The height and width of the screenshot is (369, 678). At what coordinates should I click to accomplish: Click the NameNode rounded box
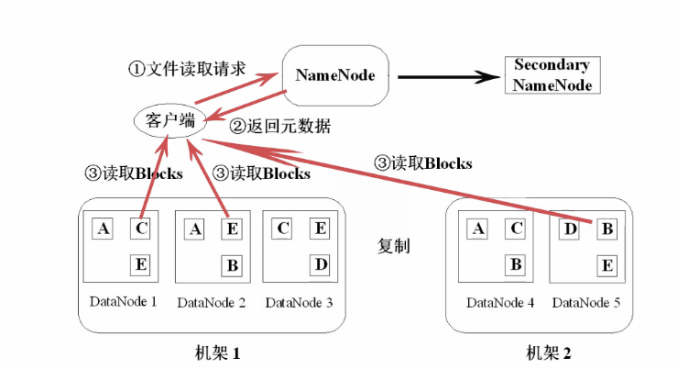pyautogui.click(x=335, y=75)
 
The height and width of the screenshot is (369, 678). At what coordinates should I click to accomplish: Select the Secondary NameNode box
pyautogui.click(x=552, y=75)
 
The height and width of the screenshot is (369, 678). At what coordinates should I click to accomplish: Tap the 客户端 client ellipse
pyautogui.click(x=170, y=120)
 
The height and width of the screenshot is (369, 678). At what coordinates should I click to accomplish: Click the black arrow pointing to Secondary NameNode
pyautogui.click(x=448, y=77)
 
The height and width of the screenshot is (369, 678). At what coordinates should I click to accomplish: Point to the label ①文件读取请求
pyautogui.click(x=187, y=69)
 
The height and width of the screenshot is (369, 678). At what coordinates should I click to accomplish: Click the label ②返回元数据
pyautogui.click(x=280, y=127)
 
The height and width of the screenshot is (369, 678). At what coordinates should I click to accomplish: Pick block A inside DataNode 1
pyautogui.click(x=103, y=229)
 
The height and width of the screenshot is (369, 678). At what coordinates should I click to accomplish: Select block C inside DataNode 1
pyautogui.click(x=140, y=229)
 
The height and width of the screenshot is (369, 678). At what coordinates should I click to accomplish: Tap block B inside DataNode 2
pyautogui.click(x=232, y=265)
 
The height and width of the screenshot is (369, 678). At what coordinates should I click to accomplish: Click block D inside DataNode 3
pyautogui.click(x=321, y=264)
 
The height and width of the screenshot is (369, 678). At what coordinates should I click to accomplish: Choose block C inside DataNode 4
pyautogui.click(x=516, y=229)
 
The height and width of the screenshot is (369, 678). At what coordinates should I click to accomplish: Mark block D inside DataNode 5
pyautogui.click(x=570, y=229)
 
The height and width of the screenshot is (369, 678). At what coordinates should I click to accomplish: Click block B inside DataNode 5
pyautogui.click(x=607, y=229)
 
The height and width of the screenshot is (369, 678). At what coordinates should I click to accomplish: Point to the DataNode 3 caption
pyautogui.click(x=300, y=303)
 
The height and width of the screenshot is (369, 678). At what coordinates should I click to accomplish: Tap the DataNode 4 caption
pyautogui.click(x=500, y=303)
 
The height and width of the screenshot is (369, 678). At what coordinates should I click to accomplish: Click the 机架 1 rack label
pyautogui.click(x=217, y=353)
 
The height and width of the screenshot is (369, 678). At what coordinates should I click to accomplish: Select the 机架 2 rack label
pyautogui.click(x=548, y=353)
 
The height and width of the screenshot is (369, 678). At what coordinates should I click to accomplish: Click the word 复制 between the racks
pyautogui.click(x=393, y=246)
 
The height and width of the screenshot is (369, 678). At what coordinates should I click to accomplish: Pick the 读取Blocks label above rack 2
pyautogui.click(x=423, y=163)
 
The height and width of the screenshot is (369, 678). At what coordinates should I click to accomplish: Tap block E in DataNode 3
pyautogui.click(x=320, y=229)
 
